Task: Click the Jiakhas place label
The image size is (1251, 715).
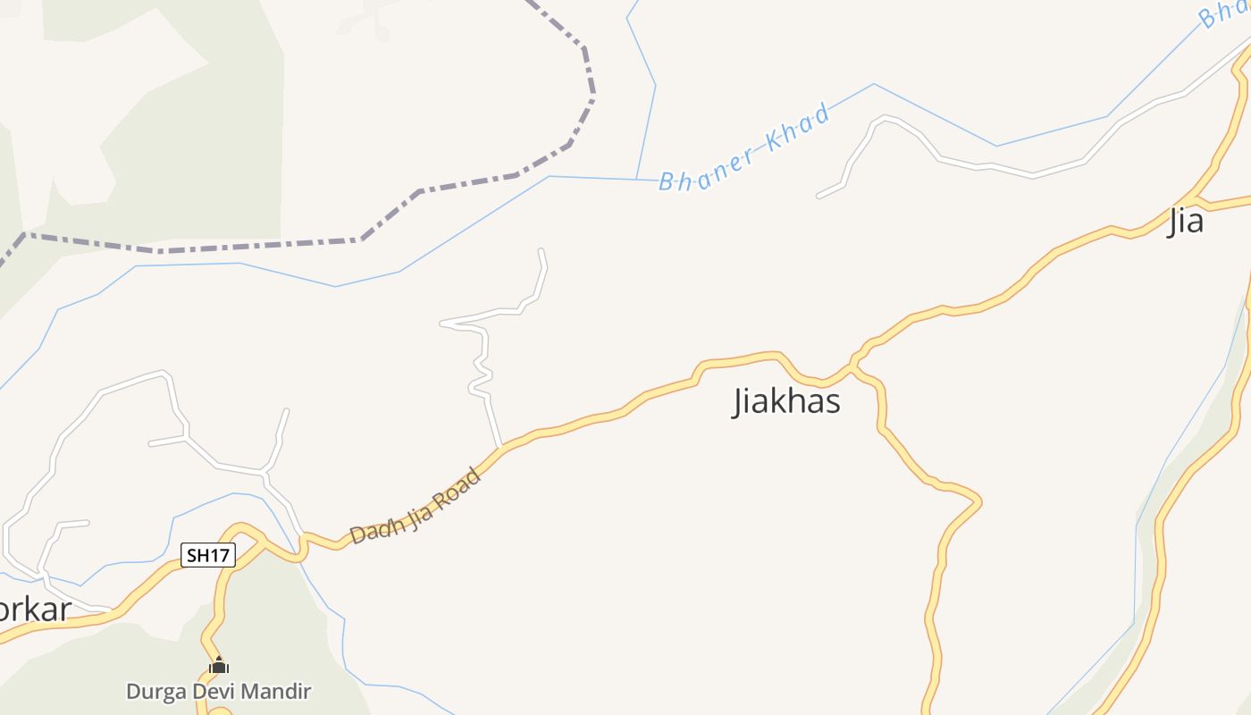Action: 786,401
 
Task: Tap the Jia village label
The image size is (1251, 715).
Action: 1186,221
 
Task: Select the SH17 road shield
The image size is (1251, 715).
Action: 207,555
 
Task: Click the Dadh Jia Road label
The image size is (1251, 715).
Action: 416,505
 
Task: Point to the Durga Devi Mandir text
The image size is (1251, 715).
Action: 218,691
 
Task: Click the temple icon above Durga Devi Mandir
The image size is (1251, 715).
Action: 219,665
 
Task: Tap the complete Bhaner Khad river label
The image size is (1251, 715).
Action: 744,148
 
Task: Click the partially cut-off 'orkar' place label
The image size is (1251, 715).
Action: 34,610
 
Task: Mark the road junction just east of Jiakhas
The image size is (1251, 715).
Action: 854,364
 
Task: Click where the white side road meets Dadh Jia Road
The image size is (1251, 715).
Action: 501,446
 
